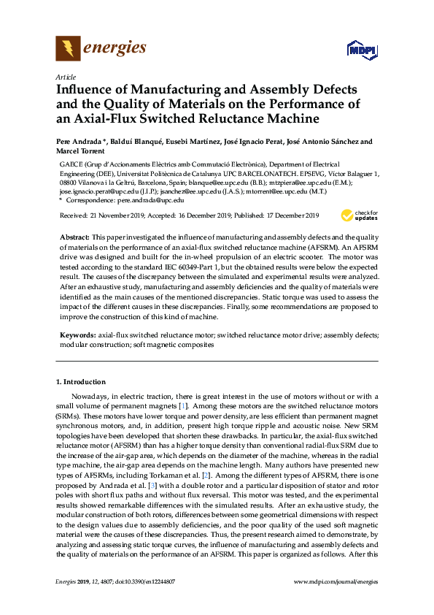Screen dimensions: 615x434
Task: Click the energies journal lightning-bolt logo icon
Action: click(68, 49)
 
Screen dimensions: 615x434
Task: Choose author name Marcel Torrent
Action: click(78, 151)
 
